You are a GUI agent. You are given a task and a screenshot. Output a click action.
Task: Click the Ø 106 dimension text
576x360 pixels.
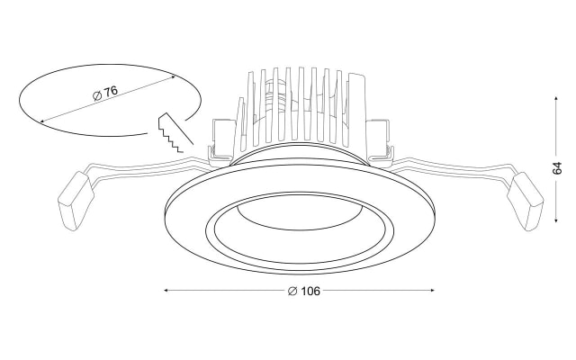pos(304,291)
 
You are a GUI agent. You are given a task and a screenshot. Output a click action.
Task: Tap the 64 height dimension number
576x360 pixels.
pos(557,168)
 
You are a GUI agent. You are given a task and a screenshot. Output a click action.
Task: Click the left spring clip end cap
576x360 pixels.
pos(76,201)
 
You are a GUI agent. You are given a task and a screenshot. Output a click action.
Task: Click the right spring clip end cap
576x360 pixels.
pos(525,202)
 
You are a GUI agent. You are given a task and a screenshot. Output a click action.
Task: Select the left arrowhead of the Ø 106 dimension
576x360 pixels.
pos(166,290)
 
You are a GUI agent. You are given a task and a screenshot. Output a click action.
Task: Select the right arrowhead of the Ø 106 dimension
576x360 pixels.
pos(432,290)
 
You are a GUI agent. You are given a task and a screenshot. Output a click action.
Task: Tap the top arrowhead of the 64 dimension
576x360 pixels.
pos(556,99)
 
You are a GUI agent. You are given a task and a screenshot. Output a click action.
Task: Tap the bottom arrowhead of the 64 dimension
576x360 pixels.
pos(556,220)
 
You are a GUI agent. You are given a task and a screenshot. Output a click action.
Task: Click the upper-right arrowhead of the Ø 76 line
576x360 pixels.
pos(172,77)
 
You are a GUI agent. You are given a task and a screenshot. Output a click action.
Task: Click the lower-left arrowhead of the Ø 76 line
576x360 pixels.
pos(42,121)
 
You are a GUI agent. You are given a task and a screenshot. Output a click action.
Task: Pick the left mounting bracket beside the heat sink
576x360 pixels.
pos(222,140)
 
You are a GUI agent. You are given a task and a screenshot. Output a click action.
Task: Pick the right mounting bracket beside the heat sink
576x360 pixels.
pos(380,140)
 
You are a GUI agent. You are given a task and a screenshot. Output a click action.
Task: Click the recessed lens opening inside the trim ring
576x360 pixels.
pos(299,227)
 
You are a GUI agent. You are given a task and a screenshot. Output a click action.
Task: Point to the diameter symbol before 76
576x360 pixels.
pos(97,96)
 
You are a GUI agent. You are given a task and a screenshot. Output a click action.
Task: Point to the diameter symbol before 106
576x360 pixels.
pos(292,292)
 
